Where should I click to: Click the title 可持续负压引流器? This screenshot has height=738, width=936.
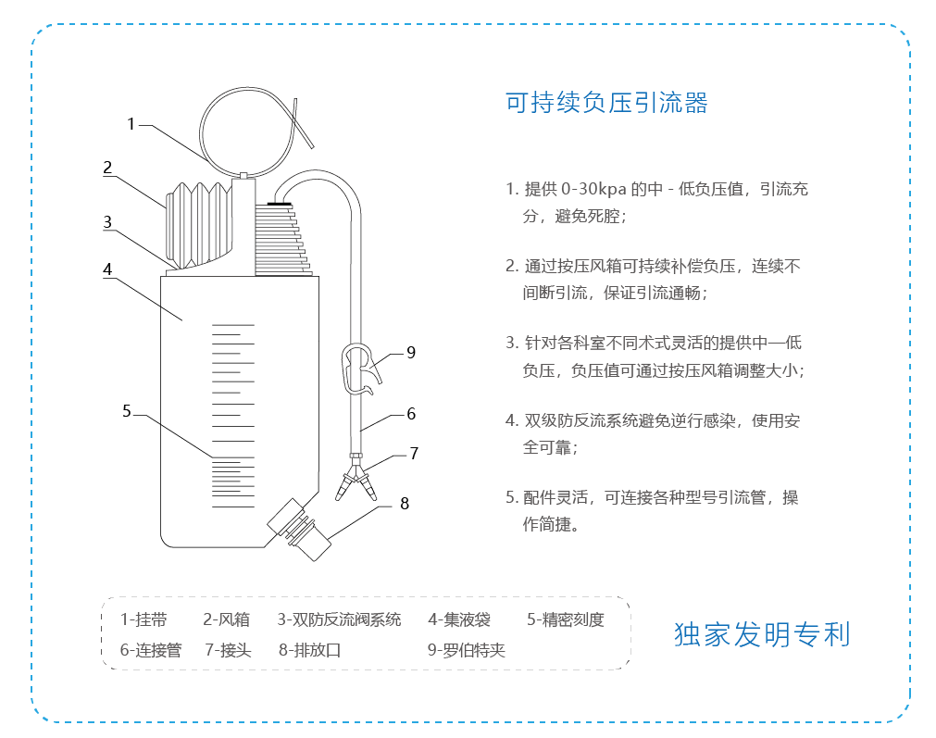click(606, 103)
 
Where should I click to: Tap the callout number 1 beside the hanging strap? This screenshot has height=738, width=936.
click(131, 124)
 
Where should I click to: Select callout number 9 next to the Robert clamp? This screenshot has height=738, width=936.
click(411, 352)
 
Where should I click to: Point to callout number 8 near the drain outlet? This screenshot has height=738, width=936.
click(405, 504)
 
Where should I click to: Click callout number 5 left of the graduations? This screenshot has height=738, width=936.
click(127, 411)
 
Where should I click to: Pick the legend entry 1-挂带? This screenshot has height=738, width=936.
click(144, 619)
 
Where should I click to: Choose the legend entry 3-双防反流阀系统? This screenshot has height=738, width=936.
click(339, 619)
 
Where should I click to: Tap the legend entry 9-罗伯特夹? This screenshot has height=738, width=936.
click(467, 650)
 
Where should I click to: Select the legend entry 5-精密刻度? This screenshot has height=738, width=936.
click(566, 619)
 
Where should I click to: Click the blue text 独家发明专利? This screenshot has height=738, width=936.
click(762, 634)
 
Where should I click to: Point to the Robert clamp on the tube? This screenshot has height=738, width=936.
click(360, 369)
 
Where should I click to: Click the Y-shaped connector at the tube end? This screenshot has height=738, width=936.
click(356, 477)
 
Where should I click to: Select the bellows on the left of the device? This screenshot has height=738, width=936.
click(198, 225)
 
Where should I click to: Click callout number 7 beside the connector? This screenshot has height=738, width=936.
click(414, 453)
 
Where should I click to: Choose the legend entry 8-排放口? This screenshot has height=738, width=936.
click(310, 650)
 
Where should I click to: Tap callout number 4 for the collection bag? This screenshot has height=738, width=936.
click(107, 269)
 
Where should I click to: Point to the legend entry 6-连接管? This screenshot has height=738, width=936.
click(151, 650)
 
